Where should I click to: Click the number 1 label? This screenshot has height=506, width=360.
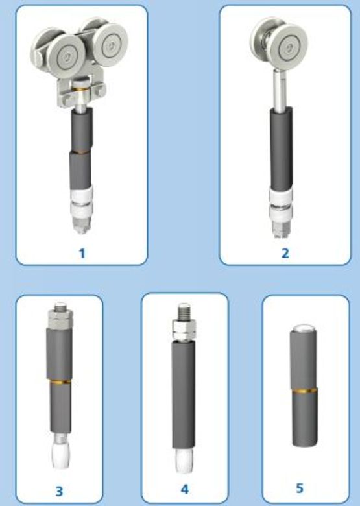(82, 253)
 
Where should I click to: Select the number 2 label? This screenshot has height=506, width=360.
(285, 253)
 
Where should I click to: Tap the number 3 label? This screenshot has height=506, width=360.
(59, 492)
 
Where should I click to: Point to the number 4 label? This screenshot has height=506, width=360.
(184, 489)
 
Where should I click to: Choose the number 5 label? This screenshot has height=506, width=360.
(300, 488)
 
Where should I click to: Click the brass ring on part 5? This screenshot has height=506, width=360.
(304, 391)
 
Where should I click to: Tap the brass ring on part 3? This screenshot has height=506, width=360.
(59, 381)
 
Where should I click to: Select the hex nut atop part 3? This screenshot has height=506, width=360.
(60, 317)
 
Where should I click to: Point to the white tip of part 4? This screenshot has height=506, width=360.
(184, 461)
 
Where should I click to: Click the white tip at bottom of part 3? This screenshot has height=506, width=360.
(60, 455)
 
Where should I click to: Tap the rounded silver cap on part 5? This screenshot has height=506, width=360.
(303, 328)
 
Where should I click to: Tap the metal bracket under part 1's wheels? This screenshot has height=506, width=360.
(81, 91)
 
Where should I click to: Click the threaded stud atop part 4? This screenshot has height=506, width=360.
(184, 311)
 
